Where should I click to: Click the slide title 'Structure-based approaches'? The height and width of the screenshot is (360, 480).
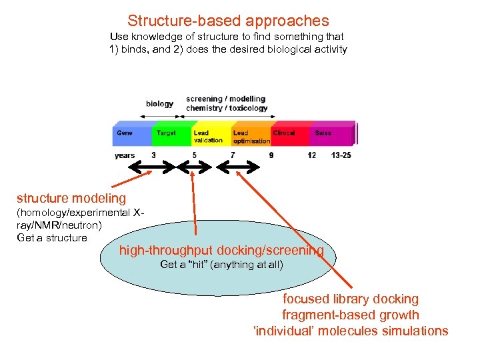[228, 21]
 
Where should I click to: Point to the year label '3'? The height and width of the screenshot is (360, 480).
[154, 155]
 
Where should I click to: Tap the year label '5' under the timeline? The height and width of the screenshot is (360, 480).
[194, 155]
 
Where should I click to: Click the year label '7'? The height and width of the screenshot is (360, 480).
[233, 155]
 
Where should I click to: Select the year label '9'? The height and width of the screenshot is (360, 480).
[271, 155]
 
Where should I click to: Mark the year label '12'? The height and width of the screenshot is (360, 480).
[312, 155]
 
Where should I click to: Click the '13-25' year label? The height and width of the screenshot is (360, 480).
[341, 155]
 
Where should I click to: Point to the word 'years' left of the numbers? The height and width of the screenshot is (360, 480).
[125, 155]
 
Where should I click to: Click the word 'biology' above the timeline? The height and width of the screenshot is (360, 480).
[159, 104]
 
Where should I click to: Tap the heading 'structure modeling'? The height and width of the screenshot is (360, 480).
[71, 198]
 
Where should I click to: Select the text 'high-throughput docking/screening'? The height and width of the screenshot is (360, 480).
[221, 251]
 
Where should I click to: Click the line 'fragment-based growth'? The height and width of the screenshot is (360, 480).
[350, 315]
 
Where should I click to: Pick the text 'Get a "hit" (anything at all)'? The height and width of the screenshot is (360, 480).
[221, 265]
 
